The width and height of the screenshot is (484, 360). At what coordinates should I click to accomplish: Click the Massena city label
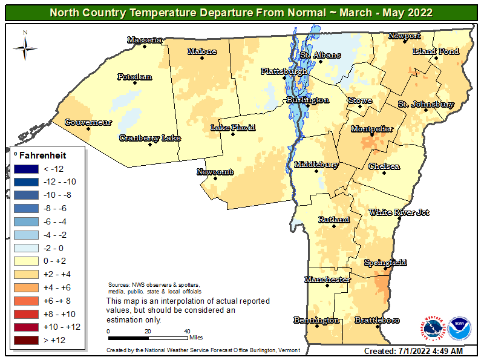pos(145,40)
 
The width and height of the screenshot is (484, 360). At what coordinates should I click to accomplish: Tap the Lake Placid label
pos(233,128)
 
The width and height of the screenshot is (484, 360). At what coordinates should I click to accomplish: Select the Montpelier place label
pos(372,129)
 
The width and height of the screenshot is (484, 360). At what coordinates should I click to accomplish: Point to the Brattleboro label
pos(376,319)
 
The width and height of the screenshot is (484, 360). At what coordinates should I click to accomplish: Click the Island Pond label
pos(436,51)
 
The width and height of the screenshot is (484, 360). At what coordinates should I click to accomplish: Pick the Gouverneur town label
pos(88,122)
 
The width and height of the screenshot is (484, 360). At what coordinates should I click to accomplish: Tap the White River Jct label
pos(399,212)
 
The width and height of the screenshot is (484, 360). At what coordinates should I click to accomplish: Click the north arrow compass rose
pos(25,45)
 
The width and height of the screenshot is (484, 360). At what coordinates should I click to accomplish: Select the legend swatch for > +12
pos(28,340)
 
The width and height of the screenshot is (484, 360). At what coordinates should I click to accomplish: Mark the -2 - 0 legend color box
pos(28,248)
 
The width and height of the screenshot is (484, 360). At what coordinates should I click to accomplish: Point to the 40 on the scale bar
pos(187,331)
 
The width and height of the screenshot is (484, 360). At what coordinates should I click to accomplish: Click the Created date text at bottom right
pos(413,351)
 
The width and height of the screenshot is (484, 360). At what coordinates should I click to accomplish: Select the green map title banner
pos(241,12)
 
